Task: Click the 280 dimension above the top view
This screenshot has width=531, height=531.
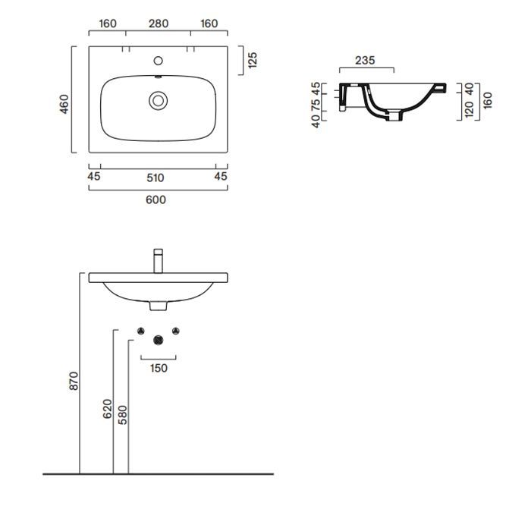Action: coord(159,24)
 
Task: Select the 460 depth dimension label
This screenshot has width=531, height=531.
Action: coord(64,104)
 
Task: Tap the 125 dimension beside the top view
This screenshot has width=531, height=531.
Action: coord(253,60)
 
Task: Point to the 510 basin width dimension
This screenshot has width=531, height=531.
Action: coord(156,178)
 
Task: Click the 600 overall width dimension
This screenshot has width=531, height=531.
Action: coord(156,200)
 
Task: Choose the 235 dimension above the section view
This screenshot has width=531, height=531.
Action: coord(365,60)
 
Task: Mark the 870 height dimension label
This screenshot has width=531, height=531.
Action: coord(74,381)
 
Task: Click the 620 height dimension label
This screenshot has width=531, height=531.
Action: coord(107,409)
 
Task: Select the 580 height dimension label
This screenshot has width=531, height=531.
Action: coord(122,415)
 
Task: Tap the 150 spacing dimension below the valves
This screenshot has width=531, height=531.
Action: coord(159,368)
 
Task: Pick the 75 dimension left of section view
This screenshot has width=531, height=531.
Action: coord(316,105)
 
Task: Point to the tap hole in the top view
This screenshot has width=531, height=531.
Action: coord(158,61)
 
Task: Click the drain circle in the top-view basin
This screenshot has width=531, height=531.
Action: coord(158,101)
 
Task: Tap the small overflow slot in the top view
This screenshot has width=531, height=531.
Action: coord(158,77)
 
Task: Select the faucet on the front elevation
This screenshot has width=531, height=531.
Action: coord(158,261)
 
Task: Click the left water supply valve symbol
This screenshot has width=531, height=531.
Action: coord(141,331)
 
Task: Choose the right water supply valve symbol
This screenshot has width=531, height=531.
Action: coord(175,331)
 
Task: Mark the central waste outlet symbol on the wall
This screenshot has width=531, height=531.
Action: coord(158,340)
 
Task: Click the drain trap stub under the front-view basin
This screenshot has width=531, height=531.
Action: coord(158,306)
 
